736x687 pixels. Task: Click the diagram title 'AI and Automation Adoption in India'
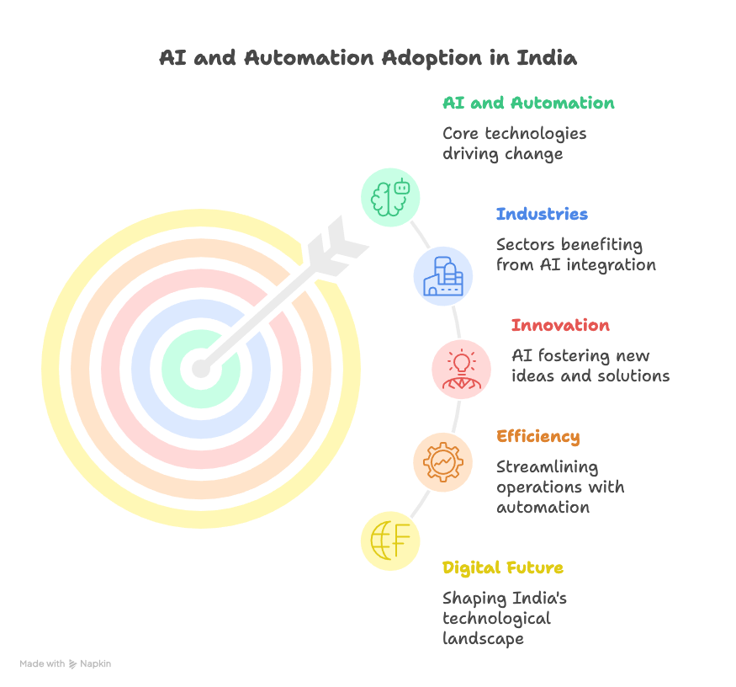pos(368,59)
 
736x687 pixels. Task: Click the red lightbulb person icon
pos(461,368)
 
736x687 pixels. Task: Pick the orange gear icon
pos(442,461)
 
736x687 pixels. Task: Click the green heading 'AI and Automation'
pos(528,104)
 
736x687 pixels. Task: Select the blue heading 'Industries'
pos(542,215)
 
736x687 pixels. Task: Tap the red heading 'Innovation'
pos(560,326)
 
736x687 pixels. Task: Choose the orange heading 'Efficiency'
pos(537,437)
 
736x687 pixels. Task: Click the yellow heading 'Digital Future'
pos(503,568)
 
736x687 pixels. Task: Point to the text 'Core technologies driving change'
pos(515,144)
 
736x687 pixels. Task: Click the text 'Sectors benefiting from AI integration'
pos(575,255)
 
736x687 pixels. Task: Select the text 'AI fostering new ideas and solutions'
pos(590,366)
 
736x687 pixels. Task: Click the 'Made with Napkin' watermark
pos(66,664)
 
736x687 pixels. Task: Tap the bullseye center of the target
pos(200,369)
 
